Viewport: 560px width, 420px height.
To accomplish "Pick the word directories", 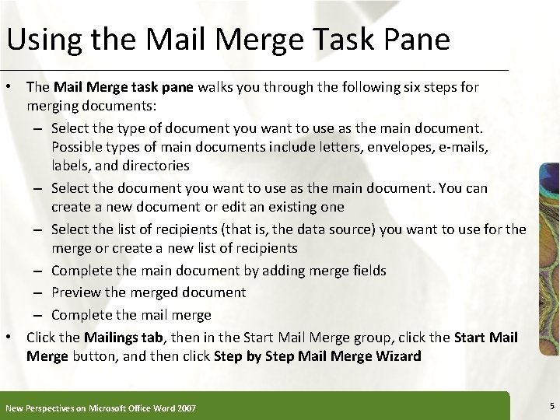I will pyautogui.click(x=154, y=165).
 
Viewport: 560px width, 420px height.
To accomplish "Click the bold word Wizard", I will pyautogui.click(x=397, y=356).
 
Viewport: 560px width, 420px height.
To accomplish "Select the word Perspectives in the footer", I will pyautogui.click(x=60, y=408).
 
